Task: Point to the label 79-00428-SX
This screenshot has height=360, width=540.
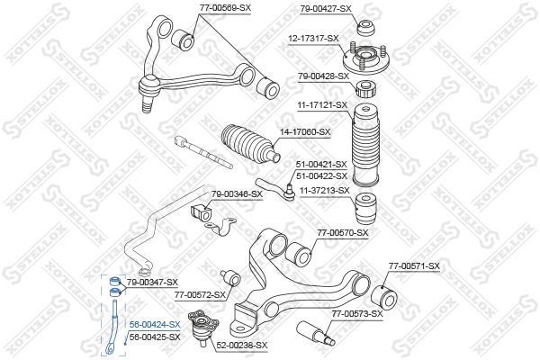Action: [323, 76]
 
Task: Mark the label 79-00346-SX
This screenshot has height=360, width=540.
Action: [237, 193]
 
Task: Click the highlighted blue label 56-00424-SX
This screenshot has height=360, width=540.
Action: [155, 324]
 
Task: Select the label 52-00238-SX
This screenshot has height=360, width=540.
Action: [242, 345]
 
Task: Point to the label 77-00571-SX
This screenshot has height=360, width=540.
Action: [414, 265]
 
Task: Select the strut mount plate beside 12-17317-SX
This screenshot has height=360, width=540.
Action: [366, 58]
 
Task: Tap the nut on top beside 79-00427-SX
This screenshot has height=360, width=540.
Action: [366, 28]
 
